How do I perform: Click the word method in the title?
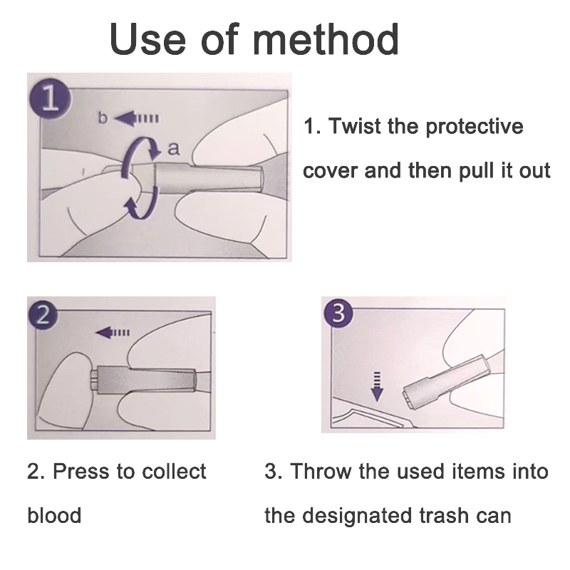(326, 39)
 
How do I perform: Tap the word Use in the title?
(147, 39)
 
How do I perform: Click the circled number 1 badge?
(50, 98)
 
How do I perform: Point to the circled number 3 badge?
(338, 312)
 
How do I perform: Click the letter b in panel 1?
(103, 118)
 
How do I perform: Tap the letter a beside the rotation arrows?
(173, 149)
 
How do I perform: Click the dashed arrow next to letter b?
(136, 118)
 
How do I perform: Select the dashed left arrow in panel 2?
(113, 332)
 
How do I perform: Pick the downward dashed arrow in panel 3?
(377, 386)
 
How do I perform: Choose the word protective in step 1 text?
(474, 128)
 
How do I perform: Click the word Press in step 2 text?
(81, 472)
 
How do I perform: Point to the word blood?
(54, 515)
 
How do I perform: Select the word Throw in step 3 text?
(321, 472)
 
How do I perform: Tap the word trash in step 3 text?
(444, 515)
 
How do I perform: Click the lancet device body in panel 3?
(445, 382)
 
